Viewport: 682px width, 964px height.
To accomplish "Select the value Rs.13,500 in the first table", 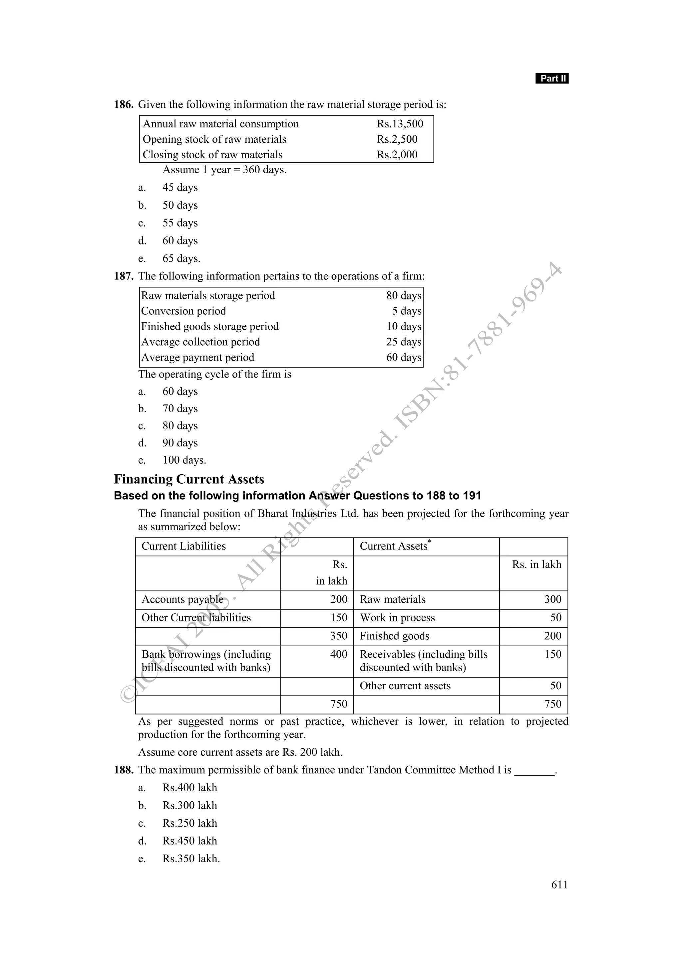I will point(400,124).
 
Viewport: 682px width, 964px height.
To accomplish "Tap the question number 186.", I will point(124,104).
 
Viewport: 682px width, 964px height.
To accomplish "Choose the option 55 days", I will point(180,223).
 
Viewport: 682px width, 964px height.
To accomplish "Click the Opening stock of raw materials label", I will point(214,139).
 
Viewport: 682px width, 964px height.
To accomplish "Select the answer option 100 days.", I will point(184,460).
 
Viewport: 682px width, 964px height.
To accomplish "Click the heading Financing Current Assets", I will point(189,479).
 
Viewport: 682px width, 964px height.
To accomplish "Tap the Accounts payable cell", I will point(182,599).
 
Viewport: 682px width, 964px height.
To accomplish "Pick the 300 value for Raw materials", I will point(552,599).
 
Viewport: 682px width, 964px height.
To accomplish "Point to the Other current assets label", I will point(405,686).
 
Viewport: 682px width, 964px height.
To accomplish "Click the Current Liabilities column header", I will point(183,546).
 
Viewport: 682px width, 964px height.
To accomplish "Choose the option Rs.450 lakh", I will point(189,841).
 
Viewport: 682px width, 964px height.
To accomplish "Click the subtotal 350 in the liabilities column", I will point(338,636).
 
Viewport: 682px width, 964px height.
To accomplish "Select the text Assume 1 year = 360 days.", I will point(224,170).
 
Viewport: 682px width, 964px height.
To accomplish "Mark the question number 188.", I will point(124,770).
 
